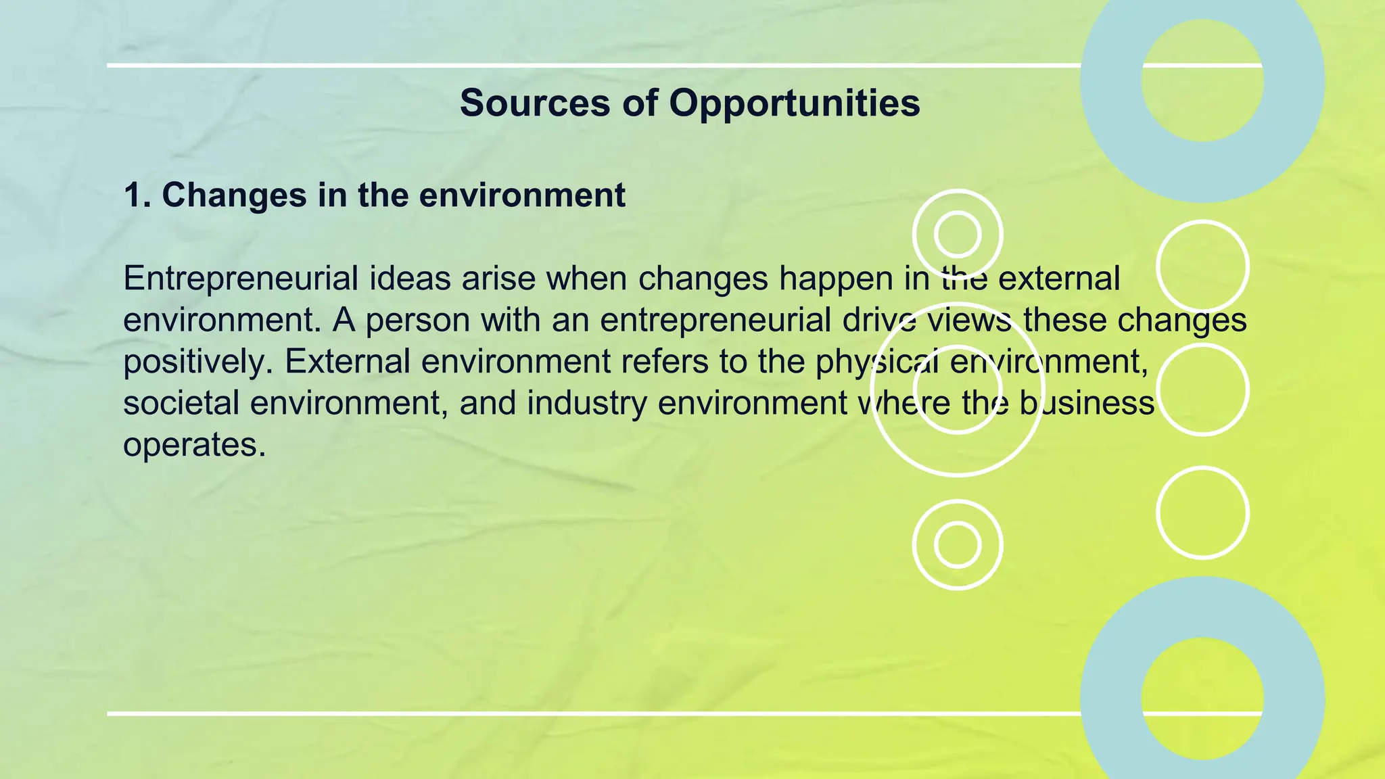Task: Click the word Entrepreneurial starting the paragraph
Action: coord(240,279)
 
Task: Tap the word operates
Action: coord(194,446)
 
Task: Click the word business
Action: coord(1086,403)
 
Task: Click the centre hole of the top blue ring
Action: coord(1202,80)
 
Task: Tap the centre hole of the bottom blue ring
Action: coord(1202,698)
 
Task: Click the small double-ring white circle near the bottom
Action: coord(957,544)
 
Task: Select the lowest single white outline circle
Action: coord(1202,513)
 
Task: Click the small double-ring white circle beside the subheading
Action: coord(957,234)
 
